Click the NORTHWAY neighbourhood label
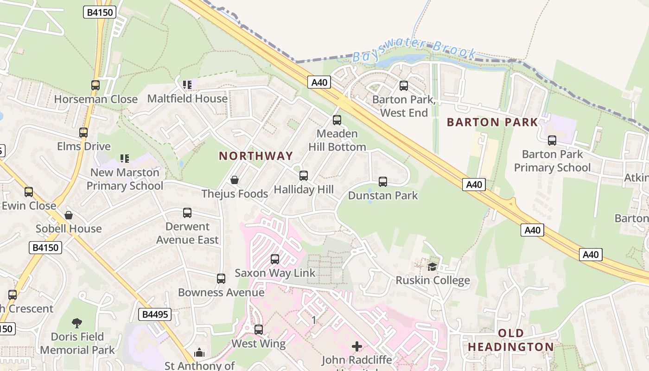click(x=256, y=156)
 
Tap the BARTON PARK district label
click(x=492, y=122)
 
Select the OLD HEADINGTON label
click(x=511, y=340)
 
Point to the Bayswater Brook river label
click(x=414, y=51)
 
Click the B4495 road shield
click(x=155, y=315)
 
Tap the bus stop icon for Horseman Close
click(x=95, y=85)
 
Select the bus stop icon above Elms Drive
click(x=83, y=133)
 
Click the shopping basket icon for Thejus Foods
click(x=235, y=180)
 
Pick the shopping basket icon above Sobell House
click(x=69, y=215)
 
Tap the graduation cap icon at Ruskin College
click(x=433, y=267)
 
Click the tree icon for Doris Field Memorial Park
click(x=77, y=323)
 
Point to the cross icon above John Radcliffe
click(x=357, y=346)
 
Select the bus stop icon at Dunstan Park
click(x=383, y=182)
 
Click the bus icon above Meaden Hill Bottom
click(x=337, y=120)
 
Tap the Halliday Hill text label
click(x=304, y=189)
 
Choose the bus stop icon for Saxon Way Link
click(x=275, y=259)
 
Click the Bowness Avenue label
click(x=221, y=293)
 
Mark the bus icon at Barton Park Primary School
click(x=552, y=141)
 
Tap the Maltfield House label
click(x=187, y=99)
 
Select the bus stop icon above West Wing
click(x=259, y=330)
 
